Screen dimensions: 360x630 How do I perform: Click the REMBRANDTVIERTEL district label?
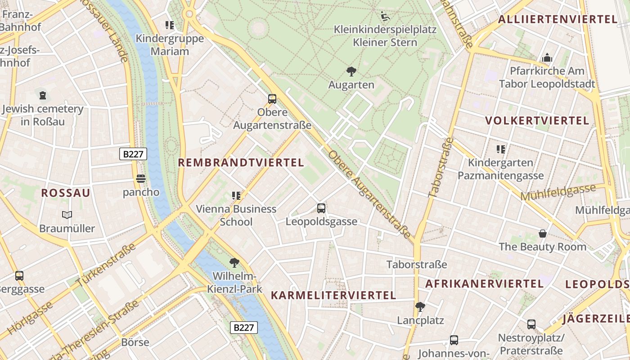[241, 162]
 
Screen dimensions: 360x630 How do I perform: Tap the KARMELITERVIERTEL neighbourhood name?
[333, 295]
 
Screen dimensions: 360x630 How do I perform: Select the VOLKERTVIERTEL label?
[537, 121]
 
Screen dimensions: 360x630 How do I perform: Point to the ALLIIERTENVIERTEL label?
[558, 19]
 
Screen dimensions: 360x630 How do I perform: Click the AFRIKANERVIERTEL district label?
[484, 283]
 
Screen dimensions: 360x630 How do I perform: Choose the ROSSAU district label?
[66, 193]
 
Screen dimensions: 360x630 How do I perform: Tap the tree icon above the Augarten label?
[351, 71]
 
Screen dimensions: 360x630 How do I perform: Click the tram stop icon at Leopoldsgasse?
[321, 208]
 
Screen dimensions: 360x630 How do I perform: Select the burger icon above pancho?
[141, 179]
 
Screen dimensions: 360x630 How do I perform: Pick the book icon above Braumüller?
[67, 215]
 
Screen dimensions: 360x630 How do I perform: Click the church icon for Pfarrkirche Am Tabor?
[547, 58]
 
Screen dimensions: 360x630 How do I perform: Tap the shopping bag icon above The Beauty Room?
[543, 234]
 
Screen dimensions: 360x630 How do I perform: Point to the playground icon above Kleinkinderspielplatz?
[385, 17]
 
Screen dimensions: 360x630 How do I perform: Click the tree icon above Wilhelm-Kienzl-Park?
[234, 262]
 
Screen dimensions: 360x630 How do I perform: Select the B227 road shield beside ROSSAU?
[134, 154]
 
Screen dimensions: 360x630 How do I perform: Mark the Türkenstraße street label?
[106, 265]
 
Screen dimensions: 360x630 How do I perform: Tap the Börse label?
[135, 342]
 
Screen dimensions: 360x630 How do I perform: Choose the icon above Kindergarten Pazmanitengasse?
[500, 149]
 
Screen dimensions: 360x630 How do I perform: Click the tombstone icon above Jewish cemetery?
[43, 95]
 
